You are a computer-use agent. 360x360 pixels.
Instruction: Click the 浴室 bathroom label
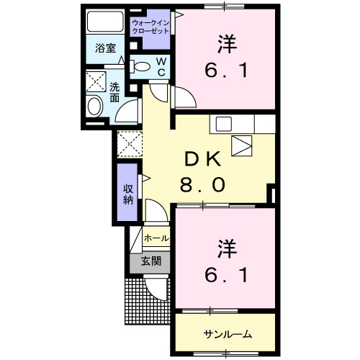point(106,48)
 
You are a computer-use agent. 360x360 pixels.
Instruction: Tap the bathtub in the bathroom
point(105,22)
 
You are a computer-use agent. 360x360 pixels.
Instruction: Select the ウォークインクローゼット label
point(150,27)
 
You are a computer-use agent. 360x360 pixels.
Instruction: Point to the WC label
point(161,67)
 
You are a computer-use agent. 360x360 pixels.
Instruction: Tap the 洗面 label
point(114,92)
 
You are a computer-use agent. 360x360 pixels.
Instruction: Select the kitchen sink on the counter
point(224,124)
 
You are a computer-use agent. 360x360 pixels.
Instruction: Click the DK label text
point(203,159)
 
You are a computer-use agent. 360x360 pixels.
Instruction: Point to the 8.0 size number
point(203,185)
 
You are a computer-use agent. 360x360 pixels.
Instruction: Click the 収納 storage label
point(128,194)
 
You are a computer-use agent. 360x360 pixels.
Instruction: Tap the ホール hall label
point(156,238)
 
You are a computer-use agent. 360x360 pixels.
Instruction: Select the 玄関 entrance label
point(151,261)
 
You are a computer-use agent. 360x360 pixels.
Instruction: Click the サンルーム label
point(228,334)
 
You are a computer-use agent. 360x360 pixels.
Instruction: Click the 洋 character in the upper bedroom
point(228,45)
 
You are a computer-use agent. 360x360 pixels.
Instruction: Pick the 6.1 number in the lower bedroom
point(226,275)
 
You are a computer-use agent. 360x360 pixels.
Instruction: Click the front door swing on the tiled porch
point(156,289)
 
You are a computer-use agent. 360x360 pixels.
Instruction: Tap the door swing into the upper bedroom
point(184,97)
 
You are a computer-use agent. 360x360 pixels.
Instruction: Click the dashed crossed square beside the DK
point(130,144)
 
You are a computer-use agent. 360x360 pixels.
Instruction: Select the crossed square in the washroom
point(96,81)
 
